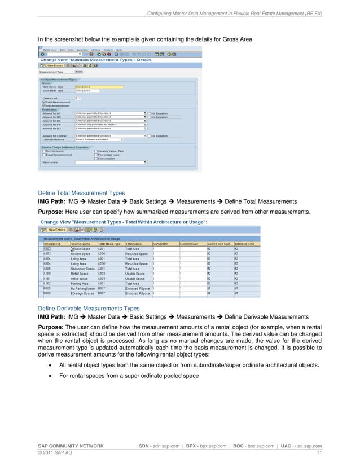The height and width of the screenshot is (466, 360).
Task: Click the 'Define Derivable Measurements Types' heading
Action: (x=88, y=309)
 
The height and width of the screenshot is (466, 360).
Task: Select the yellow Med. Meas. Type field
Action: (x=99, y=87)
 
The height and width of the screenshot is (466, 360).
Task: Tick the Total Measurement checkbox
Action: (x=43, y=102)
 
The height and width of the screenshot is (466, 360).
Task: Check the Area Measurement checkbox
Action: (x=43, y=105)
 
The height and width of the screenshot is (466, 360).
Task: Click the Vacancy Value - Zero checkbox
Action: (x=95, y=151)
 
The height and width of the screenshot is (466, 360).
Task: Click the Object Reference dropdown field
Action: (x=111, y=139)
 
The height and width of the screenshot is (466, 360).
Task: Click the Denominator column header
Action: (x=191, y=243)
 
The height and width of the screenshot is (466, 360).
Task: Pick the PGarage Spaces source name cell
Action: (x=82, y=294)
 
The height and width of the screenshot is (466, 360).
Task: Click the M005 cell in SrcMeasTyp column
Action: (x=49, y=289)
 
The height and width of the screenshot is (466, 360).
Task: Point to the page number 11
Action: (x=319, y=453)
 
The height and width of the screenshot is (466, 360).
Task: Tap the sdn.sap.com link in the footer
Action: (x=173, y=446)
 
